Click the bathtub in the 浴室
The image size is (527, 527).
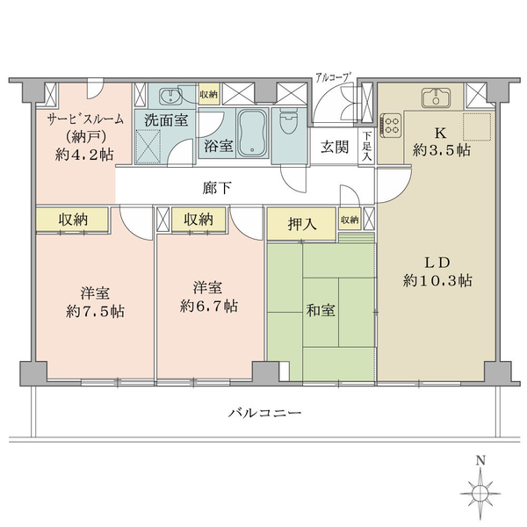click(252, 134)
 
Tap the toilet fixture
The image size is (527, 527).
click(288, 122)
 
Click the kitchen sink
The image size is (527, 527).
click(436, 97)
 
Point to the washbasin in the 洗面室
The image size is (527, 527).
click(171, 97)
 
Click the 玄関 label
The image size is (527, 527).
click(334, 147)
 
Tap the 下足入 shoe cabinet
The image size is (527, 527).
click(366, 146)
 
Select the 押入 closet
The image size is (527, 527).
click(301, 224)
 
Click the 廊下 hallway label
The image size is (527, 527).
click(216, 188)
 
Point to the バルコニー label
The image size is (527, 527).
click(264, 413)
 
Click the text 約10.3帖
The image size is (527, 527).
click(437, 280)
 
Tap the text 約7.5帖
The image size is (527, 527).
click(95, 312)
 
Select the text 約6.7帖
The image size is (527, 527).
click(209, 307)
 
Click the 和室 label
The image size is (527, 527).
click(321, 311)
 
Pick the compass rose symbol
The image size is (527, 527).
click(480, 494)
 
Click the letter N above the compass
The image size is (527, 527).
click(480, 460)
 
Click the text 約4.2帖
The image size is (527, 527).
click(84, 155)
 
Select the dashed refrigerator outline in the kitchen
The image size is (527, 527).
click(477, 126)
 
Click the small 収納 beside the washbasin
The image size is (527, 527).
click(209, 95)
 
